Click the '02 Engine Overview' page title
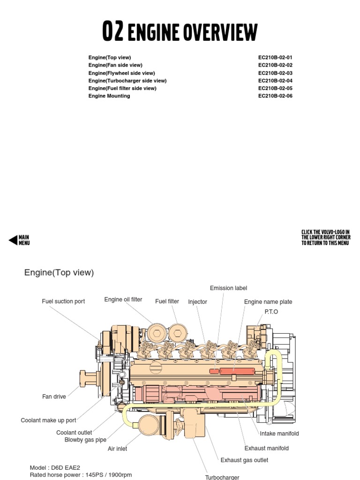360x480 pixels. [180, 31]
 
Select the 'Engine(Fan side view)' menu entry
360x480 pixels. [115, 65]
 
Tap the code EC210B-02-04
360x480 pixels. [275, 81]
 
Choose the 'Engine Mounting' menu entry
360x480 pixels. [109, 96]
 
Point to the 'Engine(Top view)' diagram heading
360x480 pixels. [59, 273]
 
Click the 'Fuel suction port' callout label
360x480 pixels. [63, 301]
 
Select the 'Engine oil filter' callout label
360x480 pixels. [123, 300]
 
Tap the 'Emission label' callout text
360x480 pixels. [228, 288]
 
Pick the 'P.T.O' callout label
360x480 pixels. [271, 312]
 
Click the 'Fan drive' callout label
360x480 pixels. [54, 397]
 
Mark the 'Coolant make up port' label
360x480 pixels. [48, 420]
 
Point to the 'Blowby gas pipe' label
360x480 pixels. [85, 440]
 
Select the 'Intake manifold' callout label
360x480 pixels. [279, 434]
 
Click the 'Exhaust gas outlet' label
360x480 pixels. [244, 460]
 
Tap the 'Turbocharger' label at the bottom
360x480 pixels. [222, 477]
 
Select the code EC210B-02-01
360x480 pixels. [275, 58]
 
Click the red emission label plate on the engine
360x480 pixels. [236, 371]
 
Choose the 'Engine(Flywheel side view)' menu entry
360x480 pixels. [121, 73]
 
